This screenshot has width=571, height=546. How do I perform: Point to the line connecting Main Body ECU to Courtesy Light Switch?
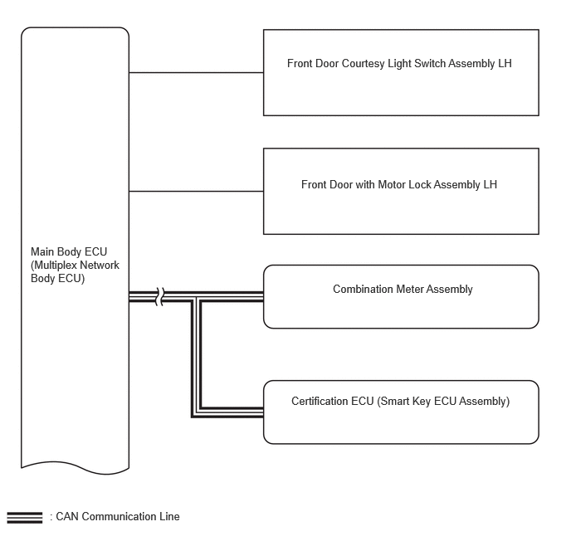[x=196, y=72]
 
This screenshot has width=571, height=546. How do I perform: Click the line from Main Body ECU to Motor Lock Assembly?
[x=196, y=191]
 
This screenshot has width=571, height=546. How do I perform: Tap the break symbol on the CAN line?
[x=160, y=297]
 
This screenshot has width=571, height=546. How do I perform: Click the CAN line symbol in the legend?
[x=25, y=518]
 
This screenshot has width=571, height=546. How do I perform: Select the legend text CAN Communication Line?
[x=118, y=516]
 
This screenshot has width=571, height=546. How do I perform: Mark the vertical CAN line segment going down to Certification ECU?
[x=196, y=357]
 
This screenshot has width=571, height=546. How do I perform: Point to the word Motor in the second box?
[x=392, y=184]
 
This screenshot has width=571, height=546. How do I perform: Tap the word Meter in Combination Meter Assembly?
[x=410, y=289]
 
